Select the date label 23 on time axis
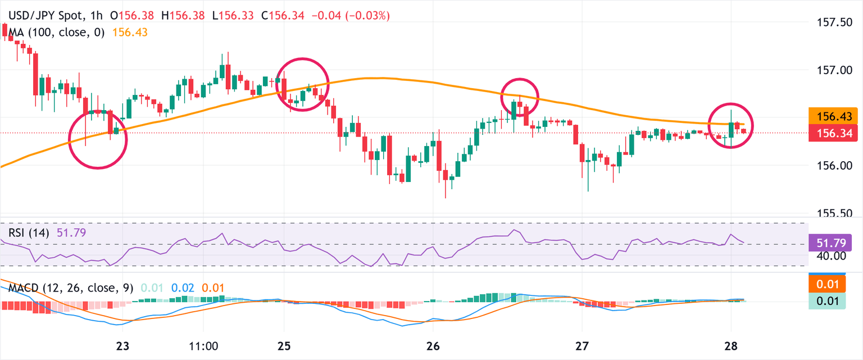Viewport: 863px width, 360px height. coord(123,346)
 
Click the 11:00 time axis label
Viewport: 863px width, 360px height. coord(203,346)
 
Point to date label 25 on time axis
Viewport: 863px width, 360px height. coord(284,346)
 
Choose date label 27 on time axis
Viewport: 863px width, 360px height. coord(582,346)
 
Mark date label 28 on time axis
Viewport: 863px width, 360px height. coord(731,346)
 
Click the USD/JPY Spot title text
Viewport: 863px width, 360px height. coord(45,16)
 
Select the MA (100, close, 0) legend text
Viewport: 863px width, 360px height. coord(56,33)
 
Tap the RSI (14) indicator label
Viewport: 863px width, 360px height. coord(29,232)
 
